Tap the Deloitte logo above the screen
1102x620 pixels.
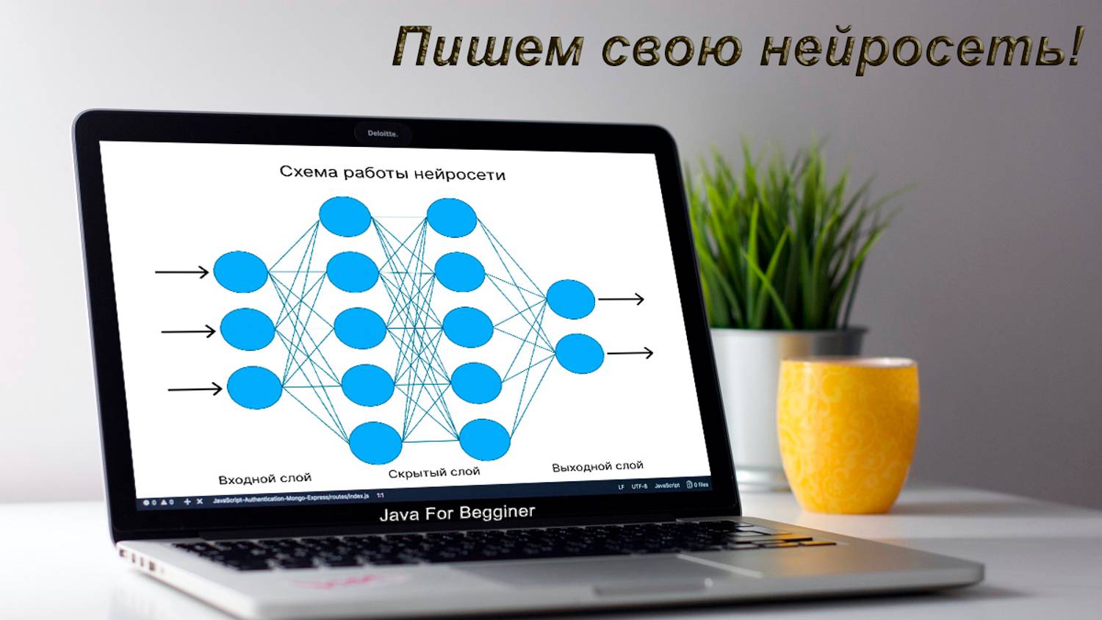coord(382,134)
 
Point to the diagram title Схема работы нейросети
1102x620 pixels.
coord(392,173)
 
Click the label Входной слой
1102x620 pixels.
coord(264,479)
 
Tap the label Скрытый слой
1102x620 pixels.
coord(433,472)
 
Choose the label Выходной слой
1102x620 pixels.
coord(597,466)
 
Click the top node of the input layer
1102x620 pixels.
coord(240,272)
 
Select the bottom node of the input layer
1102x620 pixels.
coord(254,387)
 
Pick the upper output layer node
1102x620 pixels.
coord(571,299)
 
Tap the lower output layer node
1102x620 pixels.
coord(580,353)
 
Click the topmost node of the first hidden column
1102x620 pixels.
coord(345,217)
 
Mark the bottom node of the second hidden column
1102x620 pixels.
coord(485,439)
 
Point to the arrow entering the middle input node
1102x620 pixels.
coord(188,331)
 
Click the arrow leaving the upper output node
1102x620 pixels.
coord(621,299)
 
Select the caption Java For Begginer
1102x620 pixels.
coord(457,513)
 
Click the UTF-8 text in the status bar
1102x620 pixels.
coord(639,486)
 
